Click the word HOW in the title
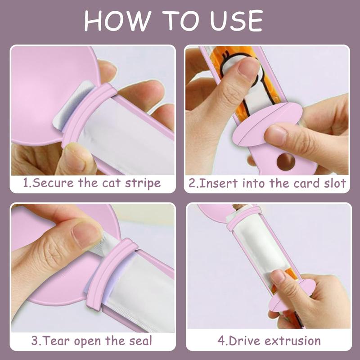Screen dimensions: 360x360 click(x=117, y=21)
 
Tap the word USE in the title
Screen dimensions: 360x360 click(x=236, y=21)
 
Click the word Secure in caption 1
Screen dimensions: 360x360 click(x=53, y=183)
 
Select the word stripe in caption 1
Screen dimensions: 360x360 click(x=143, y=184)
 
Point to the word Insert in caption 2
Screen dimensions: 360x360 click(x=218, y=184)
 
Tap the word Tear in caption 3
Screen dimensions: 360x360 click(x=57, y=341)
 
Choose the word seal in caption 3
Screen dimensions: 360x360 click(x=140, y=341)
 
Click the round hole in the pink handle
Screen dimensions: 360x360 click(x=286, y=162)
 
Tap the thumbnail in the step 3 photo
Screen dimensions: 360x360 click(x=86, y=235)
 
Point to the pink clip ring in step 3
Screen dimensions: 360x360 click(x=110, y=273)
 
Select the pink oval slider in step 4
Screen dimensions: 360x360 click(x=292, y=295)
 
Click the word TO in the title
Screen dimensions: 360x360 click(x=180, y=21)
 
